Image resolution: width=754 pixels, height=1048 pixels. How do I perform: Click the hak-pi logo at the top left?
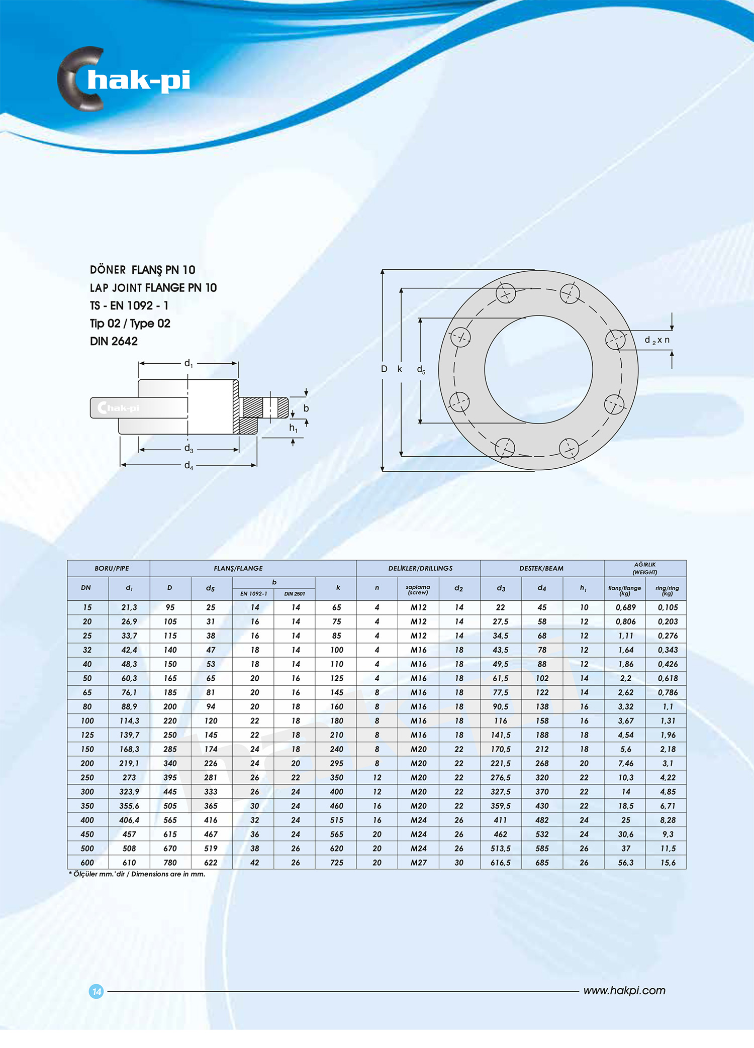click(124, 79)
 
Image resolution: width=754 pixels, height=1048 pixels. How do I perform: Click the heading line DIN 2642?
click(114, 342)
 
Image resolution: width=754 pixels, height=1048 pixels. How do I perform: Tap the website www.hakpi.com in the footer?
click(624, 990)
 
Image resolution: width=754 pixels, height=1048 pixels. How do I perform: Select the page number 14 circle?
click(96, 991)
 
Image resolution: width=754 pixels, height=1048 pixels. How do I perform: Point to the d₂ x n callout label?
click(656, 340)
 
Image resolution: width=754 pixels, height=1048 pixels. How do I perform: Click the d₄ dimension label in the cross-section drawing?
click(189, 466)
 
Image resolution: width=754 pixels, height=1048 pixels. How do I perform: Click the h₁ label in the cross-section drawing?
click(293, 428)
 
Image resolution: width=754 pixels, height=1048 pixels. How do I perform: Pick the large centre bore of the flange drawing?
click(538, 369)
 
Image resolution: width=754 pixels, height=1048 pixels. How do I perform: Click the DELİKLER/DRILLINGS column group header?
click(420, 568)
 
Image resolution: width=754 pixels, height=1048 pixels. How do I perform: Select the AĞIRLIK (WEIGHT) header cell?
click(644, 568)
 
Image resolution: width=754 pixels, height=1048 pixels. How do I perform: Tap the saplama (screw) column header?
click(418, 589)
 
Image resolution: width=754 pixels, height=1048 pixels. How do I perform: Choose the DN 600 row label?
click(87, 863)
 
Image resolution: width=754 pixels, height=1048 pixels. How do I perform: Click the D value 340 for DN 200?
click(170, 763)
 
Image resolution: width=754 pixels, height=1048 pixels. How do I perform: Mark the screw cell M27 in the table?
click(418, 863)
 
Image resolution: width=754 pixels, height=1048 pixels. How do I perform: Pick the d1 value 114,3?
click(129, 720)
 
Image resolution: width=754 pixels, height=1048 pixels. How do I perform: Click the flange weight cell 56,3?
click(625, 863)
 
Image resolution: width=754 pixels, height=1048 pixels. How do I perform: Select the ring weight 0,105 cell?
click(668, 607)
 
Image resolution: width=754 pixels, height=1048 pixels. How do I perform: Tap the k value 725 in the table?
click(336, 863)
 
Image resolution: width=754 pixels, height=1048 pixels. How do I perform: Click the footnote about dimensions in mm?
click(137, 874)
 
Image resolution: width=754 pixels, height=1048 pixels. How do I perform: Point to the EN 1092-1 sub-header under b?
click(253, 594)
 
